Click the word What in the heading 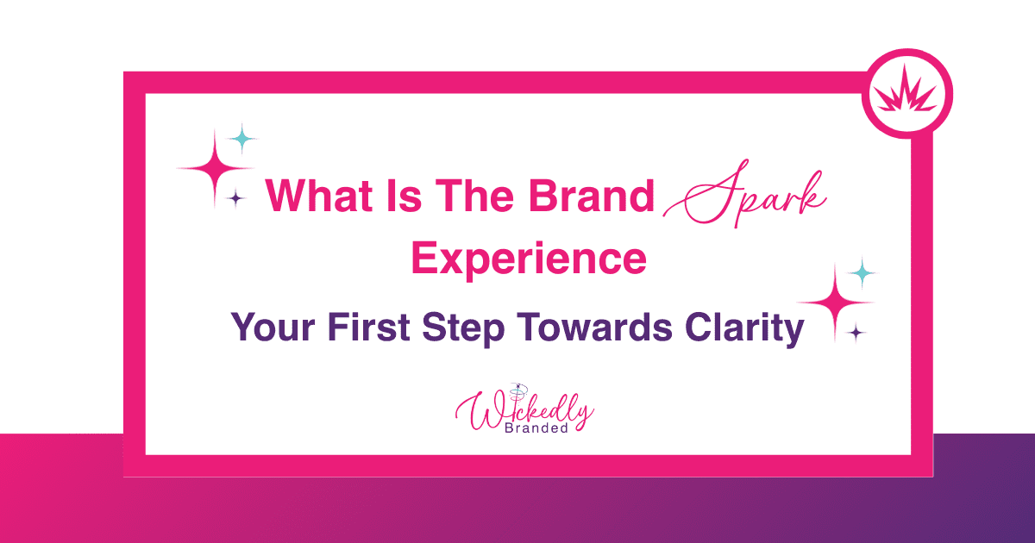(319, 196)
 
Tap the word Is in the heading (405, 196)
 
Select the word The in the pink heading (474, 196)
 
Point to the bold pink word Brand (592, 196)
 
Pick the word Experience (529, 259)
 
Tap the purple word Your (273, 327)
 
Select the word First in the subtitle (369, 327)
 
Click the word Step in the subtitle (463, 328)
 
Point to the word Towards (594, 327)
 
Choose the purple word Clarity (744, 328)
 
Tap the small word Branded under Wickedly (536, 428)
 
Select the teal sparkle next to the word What (242, 138)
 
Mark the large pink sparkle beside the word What (215, 168)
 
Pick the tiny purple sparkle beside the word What (236, 198)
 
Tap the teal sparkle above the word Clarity (862, 273)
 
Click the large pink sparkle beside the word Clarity (835, 303)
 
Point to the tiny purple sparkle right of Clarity (856, 333)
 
